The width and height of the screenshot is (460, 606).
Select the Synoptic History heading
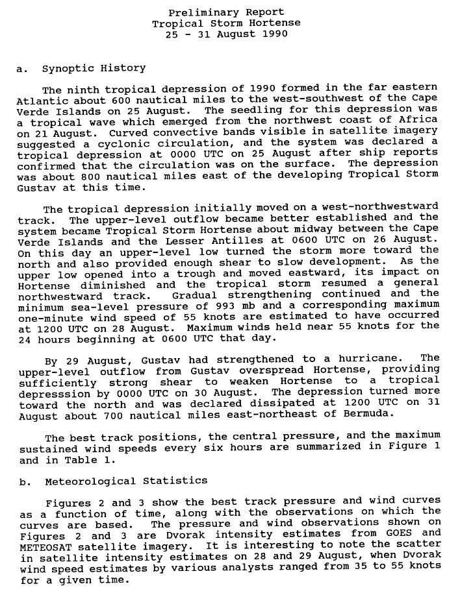tap(94, 67)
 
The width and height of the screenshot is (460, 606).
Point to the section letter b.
tap(23, 481)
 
